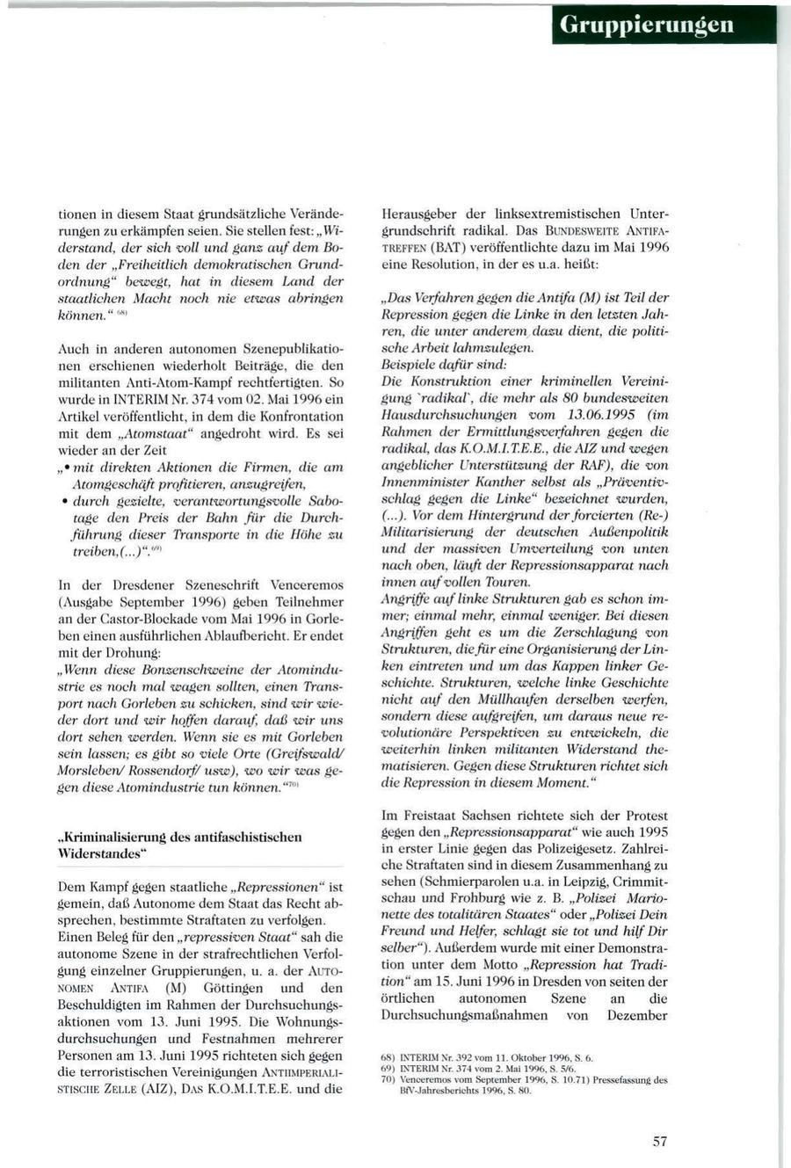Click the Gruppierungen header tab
[x=665, y=25]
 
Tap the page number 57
[x=660, y=1142]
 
